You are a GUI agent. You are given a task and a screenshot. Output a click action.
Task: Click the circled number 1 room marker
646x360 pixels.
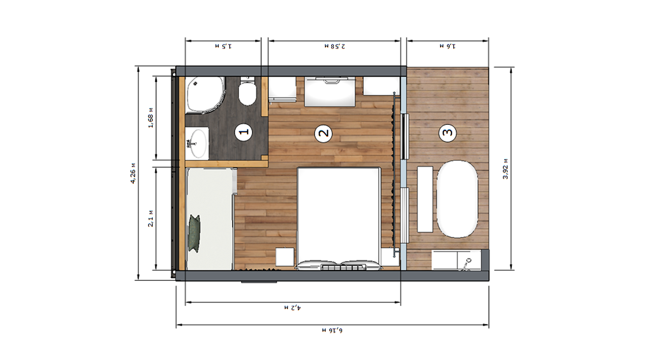pos(244,132)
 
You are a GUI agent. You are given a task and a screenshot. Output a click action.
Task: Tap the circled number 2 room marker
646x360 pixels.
pos(323,133)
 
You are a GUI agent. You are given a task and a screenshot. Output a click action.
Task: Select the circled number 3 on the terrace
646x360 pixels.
pos(448,133)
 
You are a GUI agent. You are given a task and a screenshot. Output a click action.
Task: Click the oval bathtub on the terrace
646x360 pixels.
pos(457,199)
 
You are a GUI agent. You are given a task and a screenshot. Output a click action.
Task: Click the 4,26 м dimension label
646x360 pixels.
pos(133,173)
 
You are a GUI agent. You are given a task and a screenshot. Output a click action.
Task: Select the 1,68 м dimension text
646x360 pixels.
pos(151,118)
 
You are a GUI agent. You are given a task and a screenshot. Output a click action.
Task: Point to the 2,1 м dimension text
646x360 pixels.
pos(151,218)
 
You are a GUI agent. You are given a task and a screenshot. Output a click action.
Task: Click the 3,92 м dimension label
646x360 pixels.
pos(505,169)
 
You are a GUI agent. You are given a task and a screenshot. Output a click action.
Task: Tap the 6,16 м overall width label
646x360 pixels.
pos(332,330)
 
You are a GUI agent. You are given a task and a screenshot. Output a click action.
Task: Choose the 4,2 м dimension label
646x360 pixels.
pos(292,308)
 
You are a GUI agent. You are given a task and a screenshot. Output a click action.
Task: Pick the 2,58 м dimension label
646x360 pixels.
pos(335,46)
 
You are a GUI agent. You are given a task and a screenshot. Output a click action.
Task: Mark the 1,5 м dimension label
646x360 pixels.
pos(223,46)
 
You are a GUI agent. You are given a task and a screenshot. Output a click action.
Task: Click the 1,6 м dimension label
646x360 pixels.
pos(448,46)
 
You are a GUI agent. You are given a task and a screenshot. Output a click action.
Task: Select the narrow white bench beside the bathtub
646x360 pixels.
pos(425,199)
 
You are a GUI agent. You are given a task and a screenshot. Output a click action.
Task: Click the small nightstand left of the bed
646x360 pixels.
pos(285,257)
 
